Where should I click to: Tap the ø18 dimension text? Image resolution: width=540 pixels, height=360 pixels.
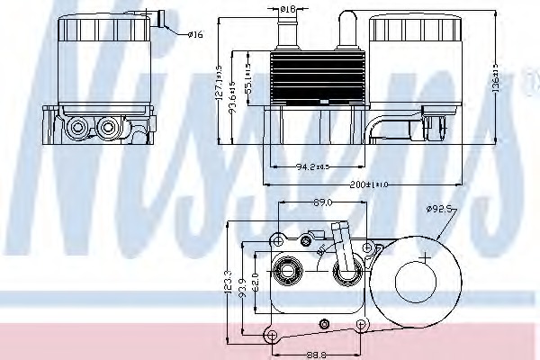(287, 9)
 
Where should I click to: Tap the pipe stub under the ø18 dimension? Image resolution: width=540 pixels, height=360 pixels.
(287, 35)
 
